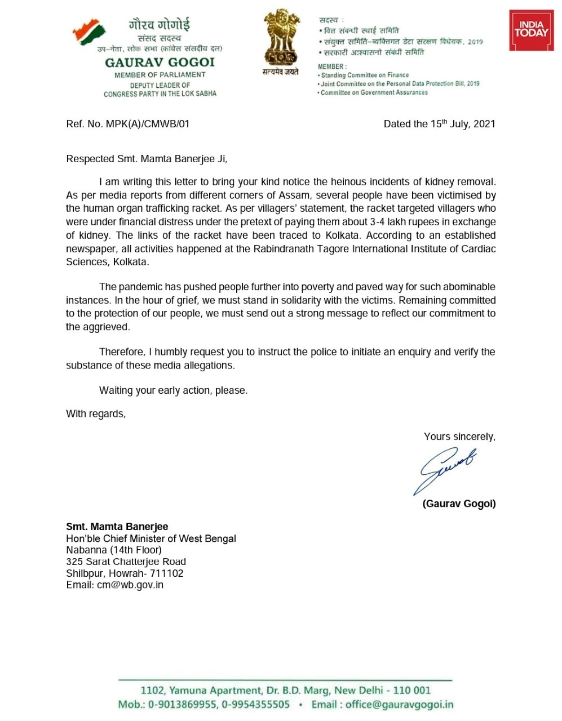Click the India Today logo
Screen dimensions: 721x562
coord(531,30)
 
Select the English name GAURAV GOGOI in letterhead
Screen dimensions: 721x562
coord(160,63)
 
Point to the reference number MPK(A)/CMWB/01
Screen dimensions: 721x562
coord(148,124)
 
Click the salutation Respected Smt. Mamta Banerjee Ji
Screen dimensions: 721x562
coord(147,159)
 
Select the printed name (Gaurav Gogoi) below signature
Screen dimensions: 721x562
coord(459,504)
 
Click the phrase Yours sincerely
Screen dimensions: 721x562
coord(459,437)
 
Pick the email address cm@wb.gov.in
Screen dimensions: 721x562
coord(130,585)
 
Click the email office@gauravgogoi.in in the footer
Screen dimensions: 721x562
coord(399,704)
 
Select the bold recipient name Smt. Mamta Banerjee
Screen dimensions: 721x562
coord(117,527)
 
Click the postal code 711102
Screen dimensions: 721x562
coord(167,573)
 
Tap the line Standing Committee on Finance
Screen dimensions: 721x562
coord(365,75)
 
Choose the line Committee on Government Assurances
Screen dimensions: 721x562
coord(374,92)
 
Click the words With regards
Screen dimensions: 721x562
coord(96,413)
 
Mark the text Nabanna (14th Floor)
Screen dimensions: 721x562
coord(114,550)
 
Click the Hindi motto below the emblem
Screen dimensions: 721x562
coord(280,72)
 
